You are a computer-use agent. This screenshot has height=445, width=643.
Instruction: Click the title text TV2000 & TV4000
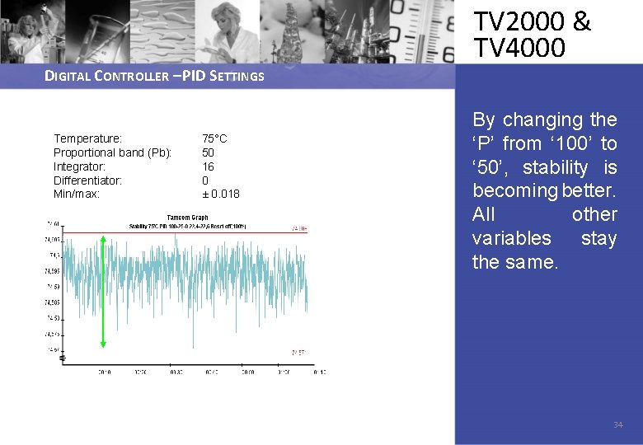point(532,35)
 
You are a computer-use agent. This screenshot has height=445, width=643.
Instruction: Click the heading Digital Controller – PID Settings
point(154,77)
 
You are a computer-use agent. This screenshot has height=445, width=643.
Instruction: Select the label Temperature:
point(87,138)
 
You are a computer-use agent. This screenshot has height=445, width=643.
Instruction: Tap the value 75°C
point(214,138)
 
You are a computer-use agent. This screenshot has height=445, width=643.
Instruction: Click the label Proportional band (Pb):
point(112,152)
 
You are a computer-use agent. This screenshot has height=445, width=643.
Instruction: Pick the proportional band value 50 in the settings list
point(208,152)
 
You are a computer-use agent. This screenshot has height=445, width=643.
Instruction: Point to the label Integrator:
point(79,166)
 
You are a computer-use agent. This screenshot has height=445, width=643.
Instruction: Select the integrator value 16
point(208,166)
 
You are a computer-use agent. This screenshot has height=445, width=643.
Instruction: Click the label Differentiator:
point(87,180)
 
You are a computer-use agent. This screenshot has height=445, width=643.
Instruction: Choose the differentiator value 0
point(205,180)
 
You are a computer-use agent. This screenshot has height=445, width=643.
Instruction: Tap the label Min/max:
point(77,194)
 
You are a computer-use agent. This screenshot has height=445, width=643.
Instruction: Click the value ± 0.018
point(221,194)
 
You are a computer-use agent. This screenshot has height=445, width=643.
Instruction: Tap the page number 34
point(617,425)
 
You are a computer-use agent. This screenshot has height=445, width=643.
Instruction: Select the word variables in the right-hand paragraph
point(511,238)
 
